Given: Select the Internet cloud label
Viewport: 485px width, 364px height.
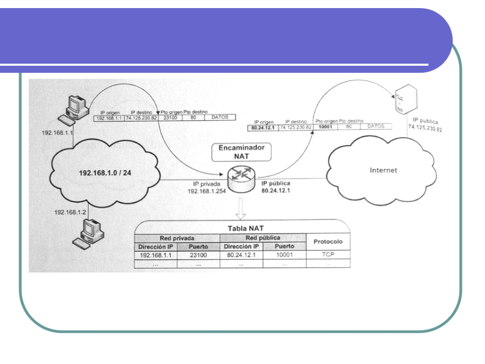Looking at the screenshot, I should click(383, 170).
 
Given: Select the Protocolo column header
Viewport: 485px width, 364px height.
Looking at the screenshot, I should click(328, 242).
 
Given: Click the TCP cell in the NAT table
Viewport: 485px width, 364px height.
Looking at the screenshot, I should click(328, 255).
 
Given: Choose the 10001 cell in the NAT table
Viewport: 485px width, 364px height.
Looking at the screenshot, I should click(285, 255).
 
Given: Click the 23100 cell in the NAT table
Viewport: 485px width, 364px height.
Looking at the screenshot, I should click(198, 255).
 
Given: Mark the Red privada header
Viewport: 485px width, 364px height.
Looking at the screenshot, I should click(177, 238).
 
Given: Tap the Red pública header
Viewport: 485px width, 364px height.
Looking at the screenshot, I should click(262, 238).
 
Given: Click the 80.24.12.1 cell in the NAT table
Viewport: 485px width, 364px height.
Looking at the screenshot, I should click(241, 255).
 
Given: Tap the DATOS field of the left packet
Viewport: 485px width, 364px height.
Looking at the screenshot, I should click(220, 118).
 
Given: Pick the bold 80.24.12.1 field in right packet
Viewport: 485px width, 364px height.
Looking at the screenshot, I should click(263, 127).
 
